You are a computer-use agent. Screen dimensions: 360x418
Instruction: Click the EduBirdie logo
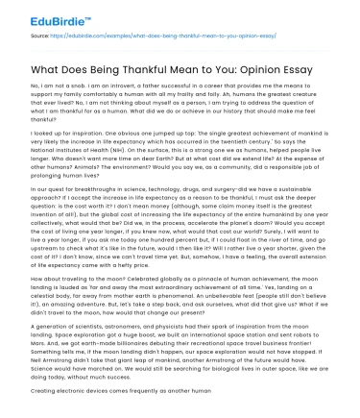pos(36,13)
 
